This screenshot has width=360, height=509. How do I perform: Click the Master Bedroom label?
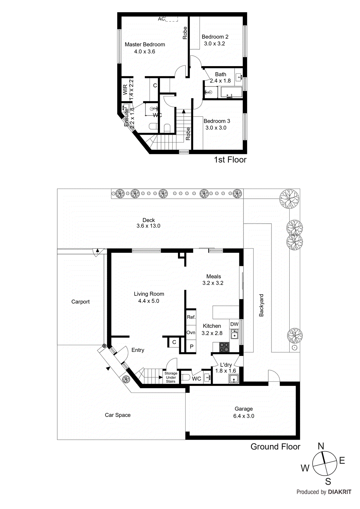145,45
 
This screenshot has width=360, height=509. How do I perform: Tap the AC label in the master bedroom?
161,19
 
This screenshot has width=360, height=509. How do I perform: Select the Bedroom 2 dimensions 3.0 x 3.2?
215,44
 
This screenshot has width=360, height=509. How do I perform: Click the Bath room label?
221,74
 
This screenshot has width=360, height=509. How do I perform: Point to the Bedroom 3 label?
217,121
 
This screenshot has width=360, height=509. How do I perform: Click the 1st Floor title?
230,160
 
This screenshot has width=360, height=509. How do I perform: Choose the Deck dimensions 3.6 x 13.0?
148,226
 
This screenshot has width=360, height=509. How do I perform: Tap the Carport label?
81,302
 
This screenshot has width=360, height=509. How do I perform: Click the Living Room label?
149,294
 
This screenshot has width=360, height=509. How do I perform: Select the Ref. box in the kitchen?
191,317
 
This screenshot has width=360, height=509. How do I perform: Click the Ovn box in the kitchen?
191,332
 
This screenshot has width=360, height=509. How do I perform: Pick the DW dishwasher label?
234,324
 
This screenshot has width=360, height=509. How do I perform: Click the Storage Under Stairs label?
171,377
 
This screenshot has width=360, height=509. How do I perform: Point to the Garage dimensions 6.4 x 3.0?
244,416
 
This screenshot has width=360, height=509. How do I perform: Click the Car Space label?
118,415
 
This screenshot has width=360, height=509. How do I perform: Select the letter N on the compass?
321,446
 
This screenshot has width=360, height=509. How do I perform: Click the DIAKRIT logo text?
339,492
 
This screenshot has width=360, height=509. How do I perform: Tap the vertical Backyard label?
261,305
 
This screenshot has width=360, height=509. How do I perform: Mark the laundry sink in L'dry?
234,379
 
